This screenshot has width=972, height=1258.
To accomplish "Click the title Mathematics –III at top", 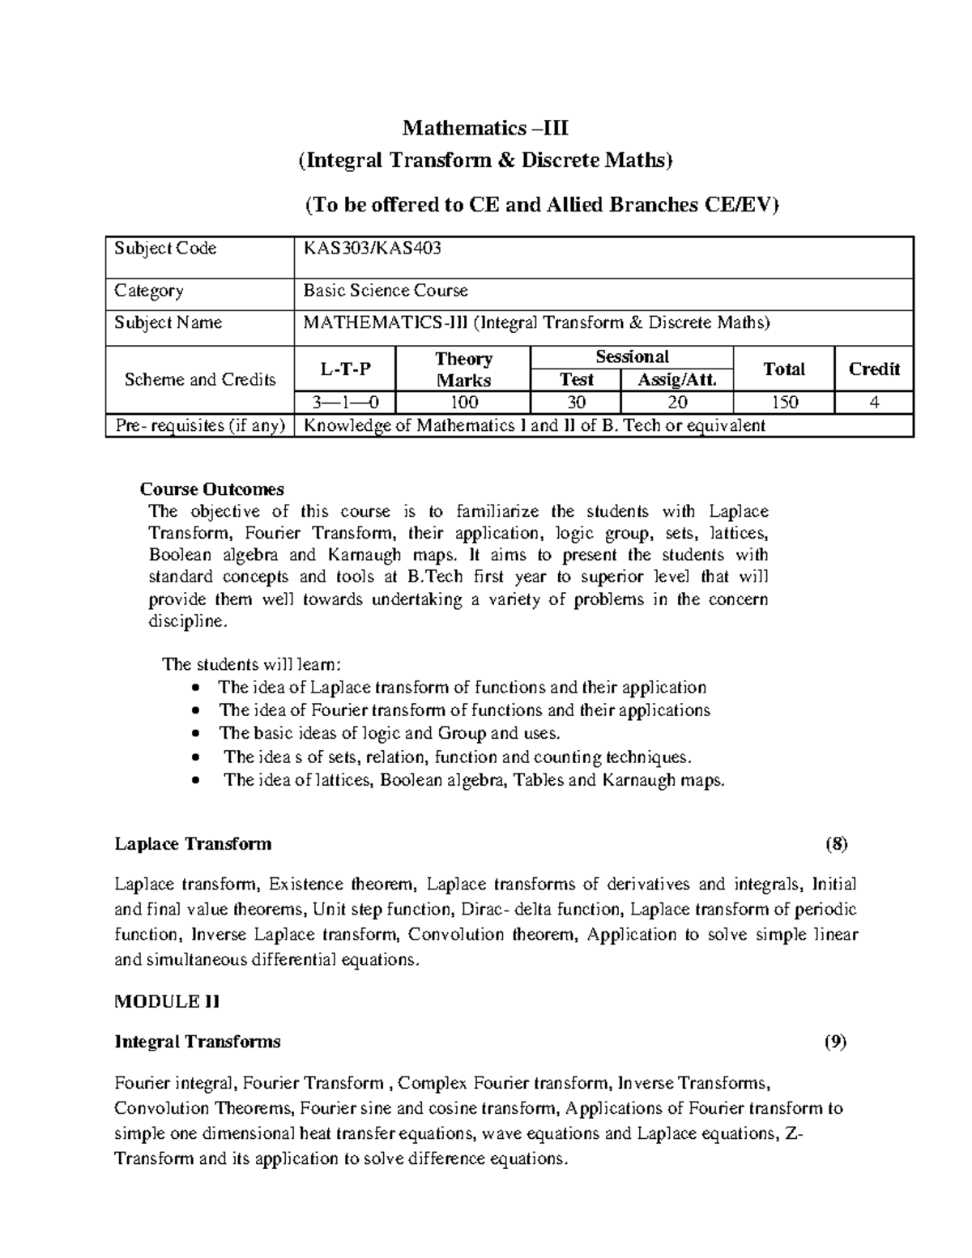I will tap(485, 128).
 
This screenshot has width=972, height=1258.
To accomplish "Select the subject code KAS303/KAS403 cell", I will tap(372, 249).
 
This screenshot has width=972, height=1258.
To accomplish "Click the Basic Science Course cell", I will tap(386, 291).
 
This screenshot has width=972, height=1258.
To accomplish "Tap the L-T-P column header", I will tap(345, 369).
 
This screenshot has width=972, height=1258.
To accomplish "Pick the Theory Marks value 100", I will tap(463, 403).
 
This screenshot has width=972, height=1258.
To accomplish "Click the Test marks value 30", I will tap(576, 403).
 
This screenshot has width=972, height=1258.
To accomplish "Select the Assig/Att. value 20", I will tap(676, 403).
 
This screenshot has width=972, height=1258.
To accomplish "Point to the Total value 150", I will tap(783, 403).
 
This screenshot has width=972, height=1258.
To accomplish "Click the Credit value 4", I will tap(874, 403).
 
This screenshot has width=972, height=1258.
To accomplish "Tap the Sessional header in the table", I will tap(632, 356).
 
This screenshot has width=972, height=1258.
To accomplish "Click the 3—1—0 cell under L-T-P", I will tap(345, 403).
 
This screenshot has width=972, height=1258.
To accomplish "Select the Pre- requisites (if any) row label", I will tap(199, 426).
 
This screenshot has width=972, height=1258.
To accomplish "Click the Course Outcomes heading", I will tap(212, 489).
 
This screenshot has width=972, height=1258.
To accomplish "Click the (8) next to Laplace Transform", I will tap(836, 844).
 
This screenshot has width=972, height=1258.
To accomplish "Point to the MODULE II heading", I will tap(167, 1002).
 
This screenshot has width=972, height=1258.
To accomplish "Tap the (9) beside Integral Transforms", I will tap(836, 1042).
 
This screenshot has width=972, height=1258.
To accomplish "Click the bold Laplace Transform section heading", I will tap(193, 844).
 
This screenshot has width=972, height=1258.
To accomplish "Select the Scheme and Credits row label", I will tap(199, 380).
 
